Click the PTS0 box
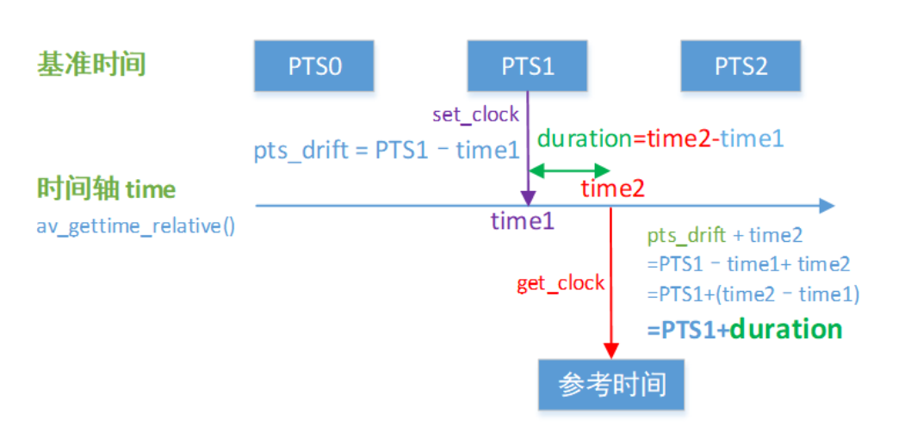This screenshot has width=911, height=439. pyautogui.click(x=314, y=66)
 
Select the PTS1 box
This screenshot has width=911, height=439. pyautogui.click(x=527, y=66)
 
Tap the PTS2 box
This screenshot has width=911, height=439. pyautogui.click(x=741, y=66)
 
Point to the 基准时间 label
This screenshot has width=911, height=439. pyautogui.click(x=91, y=64)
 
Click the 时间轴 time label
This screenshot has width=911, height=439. pyautogui.click(x=106, y=189)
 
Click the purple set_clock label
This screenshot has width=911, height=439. pyautogui.click(x=475, y=114)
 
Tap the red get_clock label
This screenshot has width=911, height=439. pyautogui.click(x=561, y=283)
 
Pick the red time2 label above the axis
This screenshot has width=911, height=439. pyautogui.click(x=612, y=189)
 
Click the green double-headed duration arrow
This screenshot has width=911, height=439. pyautogui.click(x=569, y=171)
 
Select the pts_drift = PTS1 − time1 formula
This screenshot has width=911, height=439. pyautogui.click(x=387, y=150)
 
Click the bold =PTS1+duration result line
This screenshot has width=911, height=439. pyautogui.click(x=744, y=330)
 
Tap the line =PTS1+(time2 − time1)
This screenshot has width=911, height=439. pyautogui.click(x=753, y=294)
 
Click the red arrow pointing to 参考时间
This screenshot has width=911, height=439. pyautogui.click(x=610, y=284)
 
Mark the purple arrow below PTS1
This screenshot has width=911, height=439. pyautogui.click(x=526, y=146)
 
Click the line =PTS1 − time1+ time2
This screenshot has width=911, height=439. pyautogui.click(x=748, y=264)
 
